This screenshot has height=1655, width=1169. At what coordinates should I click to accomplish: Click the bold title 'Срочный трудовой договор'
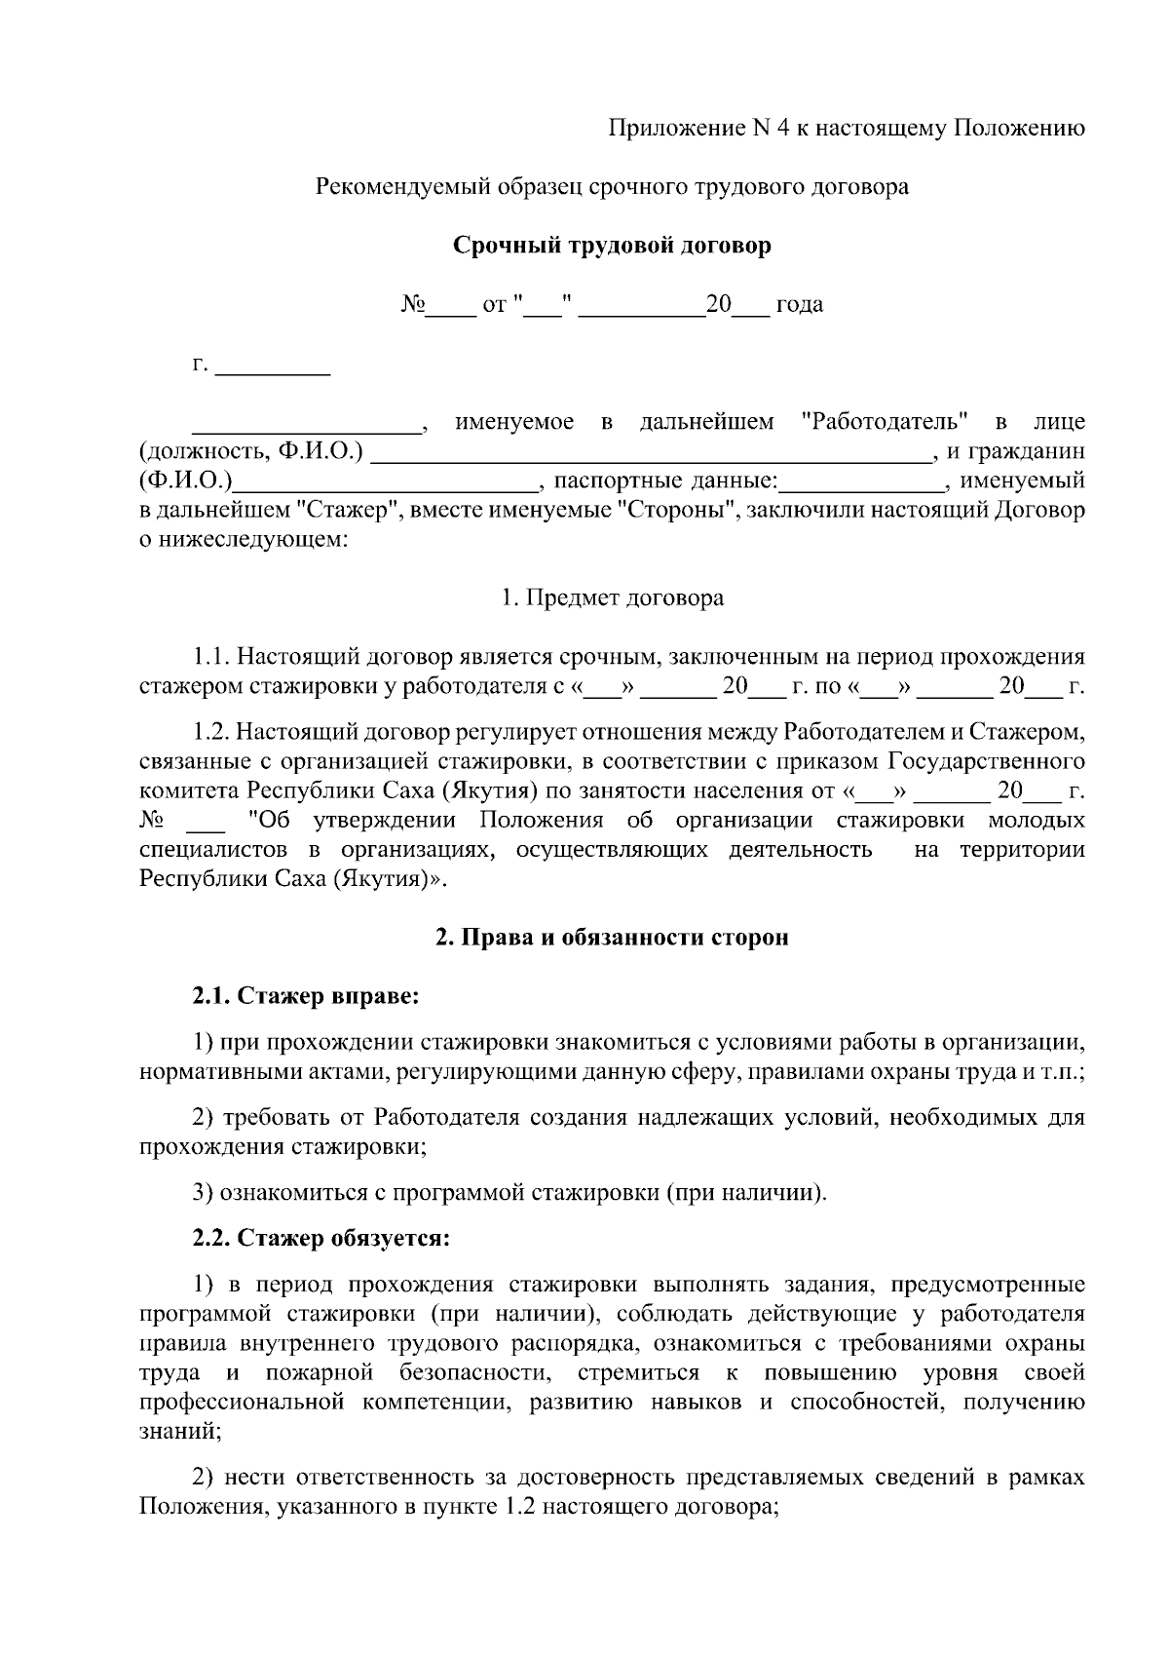[612, 246]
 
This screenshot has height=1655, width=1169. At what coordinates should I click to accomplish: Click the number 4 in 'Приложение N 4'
[782, 129]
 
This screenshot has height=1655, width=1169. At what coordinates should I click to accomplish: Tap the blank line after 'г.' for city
[272, 367]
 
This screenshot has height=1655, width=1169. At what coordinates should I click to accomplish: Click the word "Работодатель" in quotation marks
[885, 422]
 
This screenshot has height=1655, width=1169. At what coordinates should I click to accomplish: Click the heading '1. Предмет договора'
[612, 597]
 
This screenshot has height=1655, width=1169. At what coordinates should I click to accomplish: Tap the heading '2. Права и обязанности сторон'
[612, 938]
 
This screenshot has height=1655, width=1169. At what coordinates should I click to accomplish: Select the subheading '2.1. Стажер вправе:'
[305, 996]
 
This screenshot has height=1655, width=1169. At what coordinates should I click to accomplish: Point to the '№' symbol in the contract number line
[413, 305]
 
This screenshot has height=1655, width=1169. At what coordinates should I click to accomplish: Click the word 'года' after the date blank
[799, 305]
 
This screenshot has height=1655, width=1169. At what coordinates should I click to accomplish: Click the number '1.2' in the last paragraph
[518, 1507]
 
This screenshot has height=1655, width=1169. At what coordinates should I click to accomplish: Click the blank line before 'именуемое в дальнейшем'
[305, 422]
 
